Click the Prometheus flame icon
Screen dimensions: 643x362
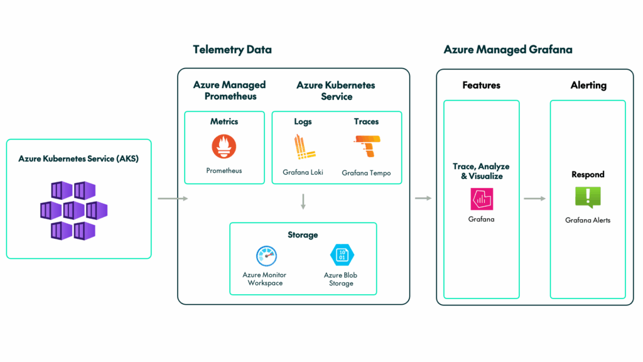(224, 146)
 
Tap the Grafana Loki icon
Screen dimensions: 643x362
(304, 147)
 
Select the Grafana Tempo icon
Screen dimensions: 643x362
(367, 146)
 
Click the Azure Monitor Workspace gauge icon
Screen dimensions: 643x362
(266, 256)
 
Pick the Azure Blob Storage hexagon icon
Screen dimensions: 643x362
(342, 255)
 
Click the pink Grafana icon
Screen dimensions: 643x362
(482, 199)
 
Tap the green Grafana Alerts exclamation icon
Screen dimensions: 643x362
(588, 197)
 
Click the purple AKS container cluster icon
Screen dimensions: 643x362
(74, 211)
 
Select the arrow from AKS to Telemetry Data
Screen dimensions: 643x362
(173, 199)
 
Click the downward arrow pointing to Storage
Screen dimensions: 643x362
(303, 202)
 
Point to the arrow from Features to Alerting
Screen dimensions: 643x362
(535, 199)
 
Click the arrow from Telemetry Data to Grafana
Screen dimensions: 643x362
(423, 198)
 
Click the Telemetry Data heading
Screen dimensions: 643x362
(232, 50)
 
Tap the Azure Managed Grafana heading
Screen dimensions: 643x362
(508, 50)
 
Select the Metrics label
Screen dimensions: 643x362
(224, 121)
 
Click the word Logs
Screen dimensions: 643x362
(303, 122)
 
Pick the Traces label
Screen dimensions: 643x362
(366, 121)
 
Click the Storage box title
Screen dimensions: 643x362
(303, 235)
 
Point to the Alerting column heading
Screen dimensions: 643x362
(588, 85)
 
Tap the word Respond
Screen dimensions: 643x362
(588, 175)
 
